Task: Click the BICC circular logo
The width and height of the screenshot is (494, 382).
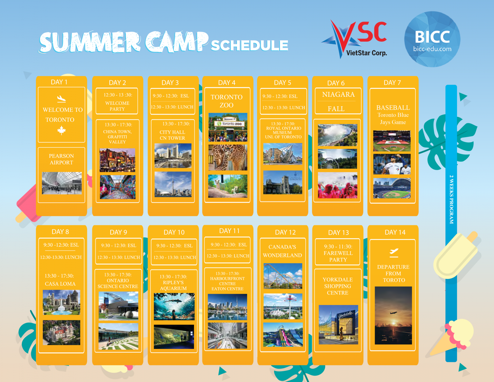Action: (x=432, y=39)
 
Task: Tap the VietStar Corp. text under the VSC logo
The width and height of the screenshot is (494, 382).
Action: (x=366, y=53)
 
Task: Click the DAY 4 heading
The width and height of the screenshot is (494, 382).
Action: (x=227, y=82)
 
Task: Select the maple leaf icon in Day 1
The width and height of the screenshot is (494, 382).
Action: (x=61, y=131)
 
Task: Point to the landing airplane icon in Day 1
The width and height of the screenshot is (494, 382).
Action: (x=61, y=99)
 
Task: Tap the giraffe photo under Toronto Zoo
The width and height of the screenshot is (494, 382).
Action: (x=228, y=158)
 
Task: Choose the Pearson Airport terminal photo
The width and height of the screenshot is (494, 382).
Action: (x=62, y=183)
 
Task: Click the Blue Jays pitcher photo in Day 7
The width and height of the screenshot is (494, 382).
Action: (x=392, y=164)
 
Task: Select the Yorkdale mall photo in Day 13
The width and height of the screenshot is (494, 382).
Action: (x=338, y=324)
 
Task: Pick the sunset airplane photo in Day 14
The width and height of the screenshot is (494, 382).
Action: (x=393, y=315)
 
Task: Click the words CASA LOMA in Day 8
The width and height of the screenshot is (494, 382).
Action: (x=60, y=284)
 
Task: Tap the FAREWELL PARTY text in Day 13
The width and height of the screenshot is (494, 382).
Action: (x=338, y=256)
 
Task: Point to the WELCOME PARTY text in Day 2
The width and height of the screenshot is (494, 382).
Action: (x=117, y=106)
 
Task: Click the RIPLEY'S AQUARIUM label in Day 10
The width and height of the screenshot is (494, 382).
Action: (x=173, y=285)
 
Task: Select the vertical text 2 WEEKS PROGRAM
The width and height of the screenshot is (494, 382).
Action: (x=451, y=199)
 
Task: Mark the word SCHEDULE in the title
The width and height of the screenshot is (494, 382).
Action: (x=249, y=45)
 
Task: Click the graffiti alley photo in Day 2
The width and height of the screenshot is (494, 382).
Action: (x=117, y=187)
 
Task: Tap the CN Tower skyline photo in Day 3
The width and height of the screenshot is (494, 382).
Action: (x=173, y=184)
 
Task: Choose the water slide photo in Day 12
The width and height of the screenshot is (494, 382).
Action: (x=283, y=335)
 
